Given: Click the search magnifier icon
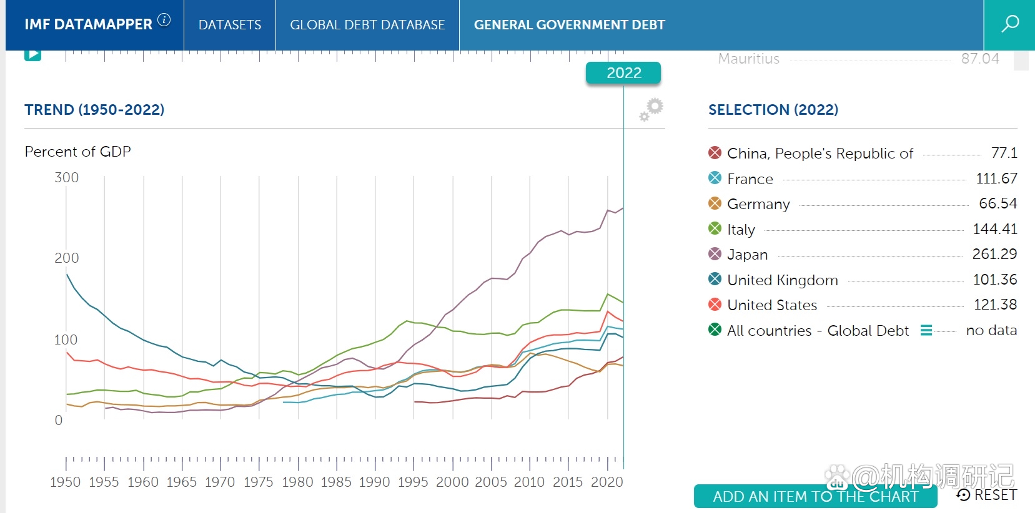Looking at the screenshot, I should click(1009, 24).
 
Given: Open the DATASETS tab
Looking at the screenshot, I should click(230, 25).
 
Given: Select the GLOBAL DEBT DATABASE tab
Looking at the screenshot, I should click(367, 25).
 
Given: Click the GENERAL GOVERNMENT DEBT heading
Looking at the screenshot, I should click(569, 25).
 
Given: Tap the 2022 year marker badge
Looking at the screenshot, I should click(623, 73).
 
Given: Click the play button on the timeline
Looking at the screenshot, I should click(32, 54).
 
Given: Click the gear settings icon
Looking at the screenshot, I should click(651, 109).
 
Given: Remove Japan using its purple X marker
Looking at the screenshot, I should click(715, 254).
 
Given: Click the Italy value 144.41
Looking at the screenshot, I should click(994, 229).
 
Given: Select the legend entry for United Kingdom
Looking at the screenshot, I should click(782, 280).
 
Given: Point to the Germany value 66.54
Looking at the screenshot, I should click(998, 203).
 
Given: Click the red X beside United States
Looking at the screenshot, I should click(715, 305).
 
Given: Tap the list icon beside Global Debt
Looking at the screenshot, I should click(926, 330).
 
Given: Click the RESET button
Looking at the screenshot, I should click(987, 495).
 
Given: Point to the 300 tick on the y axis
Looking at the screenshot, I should click(67, 178).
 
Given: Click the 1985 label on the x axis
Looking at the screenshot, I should click(336, 482).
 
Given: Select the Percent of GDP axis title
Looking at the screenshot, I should click(78, 152).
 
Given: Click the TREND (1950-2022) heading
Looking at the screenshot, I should click(94, 110).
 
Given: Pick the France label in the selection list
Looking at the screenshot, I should click(750, 179).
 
